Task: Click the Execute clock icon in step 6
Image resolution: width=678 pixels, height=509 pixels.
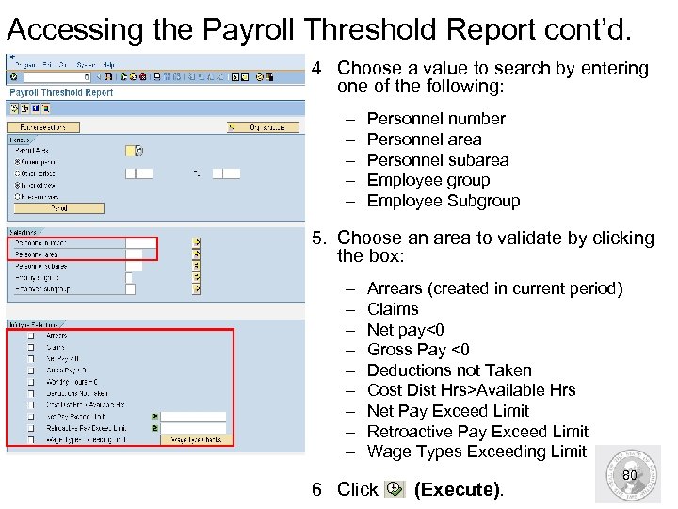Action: [x=395, y=488]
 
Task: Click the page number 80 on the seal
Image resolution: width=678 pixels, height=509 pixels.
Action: [x=630, y=476]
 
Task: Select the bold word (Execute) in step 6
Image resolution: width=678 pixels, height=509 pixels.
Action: [x=459, y=489]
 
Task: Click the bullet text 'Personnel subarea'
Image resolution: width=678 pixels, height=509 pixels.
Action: [x=437, y=160]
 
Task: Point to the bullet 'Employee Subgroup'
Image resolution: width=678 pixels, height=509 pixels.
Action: [x=443, y=201]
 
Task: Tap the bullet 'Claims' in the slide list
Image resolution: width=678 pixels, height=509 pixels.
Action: [x=392, y=309]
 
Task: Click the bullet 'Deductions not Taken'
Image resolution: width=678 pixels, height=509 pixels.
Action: [x=448, y=370]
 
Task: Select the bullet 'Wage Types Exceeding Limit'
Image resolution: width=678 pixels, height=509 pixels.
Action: [x=476, y=452]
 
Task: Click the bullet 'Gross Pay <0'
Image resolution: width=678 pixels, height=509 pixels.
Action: [x=418, y=350]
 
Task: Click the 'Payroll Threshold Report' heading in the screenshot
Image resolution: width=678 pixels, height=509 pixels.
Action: [x=61, y=92]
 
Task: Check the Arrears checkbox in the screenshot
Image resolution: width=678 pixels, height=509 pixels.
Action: [x=31, y=336]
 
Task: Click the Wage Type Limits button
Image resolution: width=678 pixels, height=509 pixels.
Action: [x=196, y=439]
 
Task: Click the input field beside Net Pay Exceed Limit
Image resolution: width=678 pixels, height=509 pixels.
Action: [x=194, y=416]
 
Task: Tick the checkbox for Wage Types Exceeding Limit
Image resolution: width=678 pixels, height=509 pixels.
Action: [x=31, y=439]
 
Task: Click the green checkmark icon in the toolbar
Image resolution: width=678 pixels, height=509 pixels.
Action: [x=13, y=76]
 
